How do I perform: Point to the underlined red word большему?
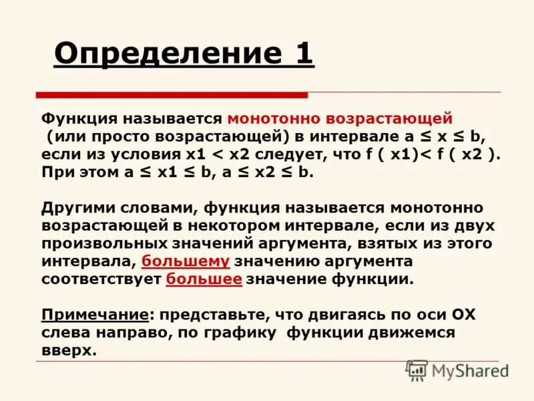(186, 261)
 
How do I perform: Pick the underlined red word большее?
(204, 279)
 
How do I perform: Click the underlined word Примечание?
(94, 314)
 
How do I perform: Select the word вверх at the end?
(68, 350)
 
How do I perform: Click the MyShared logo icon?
(417, 370)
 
